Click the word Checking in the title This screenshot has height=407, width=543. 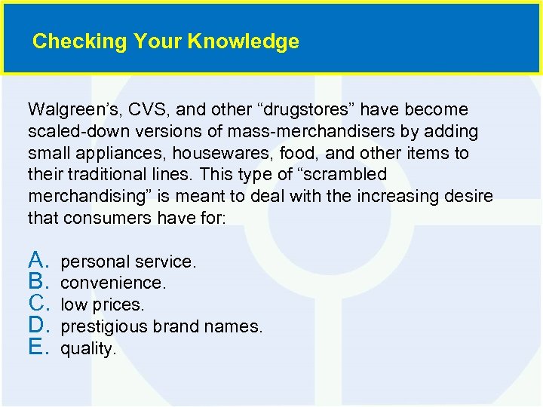coord(69,41)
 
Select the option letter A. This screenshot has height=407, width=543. coord(38,261)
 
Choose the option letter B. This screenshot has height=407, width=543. coord(38,283)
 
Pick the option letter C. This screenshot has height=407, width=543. coord(38,304)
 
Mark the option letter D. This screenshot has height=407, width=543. coord(38,326)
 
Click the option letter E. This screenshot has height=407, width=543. coord(38,348)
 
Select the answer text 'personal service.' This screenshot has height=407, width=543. coord(128,262)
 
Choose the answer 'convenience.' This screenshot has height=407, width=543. coord(113,283)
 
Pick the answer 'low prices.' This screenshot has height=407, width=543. coord(102,305)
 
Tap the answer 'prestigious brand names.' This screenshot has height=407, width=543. coord(161,327)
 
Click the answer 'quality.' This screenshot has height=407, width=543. coord(88,349)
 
